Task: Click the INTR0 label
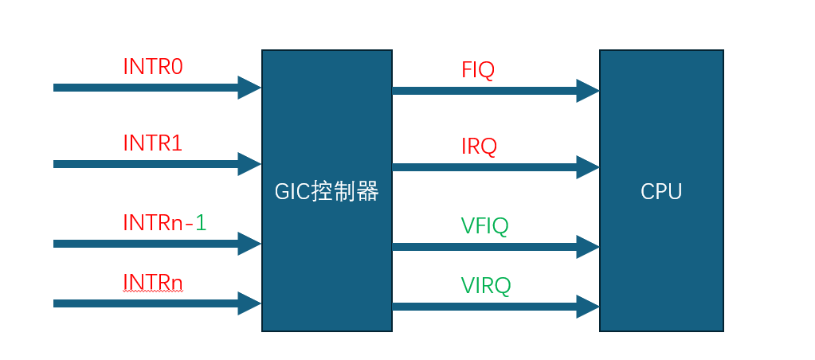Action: [153, 66]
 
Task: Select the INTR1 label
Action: [153, 143]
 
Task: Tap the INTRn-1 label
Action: [165, 222]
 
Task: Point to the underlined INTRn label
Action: [153, 282]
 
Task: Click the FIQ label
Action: [478, 70]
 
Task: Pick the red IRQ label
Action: [480, 147]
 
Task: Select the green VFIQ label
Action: [484, 226]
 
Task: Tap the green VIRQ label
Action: [486, 286]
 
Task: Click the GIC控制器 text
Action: [327, 192]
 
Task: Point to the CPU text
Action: [661, 192]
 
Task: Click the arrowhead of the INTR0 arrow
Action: [249, 88]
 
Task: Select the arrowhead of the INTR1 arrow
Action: [249, 163]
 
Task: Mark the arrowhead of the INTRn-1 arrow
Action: [249, 244]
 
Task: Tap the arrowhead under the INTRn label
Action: [249, 303]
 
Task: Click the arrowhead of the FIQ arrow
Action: [588, 91]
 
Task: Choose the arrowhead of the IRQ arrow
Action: [588, 167]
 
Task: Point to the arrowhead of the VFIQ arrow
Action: [588, 247]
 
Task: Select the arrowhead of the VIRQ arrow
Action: [588, 307]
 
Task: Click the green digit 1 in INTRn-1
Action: [201, 222]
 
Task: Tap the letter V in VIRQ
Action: [468, 286]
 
